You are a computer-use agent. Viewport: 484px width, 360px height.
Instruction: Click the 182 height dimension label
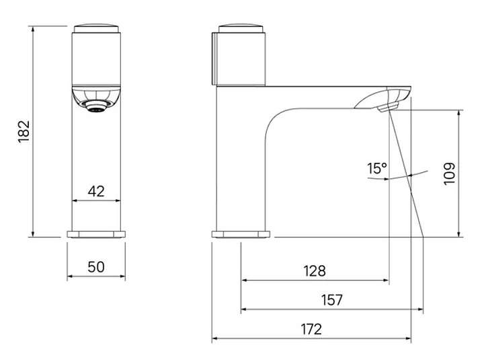(24, 131)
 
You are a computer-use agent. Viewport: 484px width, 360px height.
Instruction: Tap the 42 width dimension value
(96, 191)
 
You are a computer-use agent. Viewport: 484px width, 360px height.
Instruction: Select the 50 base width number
(96, 267)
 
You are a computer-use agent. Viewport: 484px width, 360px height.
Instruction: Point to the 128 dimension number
(315, 271)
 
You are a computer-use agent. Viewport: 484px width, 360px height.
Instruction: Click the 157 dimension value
(332, 300)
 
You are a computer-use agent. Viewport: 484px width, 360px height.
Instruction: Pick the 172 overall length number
(311, 330)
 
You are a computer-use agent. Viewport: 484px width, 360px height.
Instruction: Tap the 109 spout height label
(450, 174)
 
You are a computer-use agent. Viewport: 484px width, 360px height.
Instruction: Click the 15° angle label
(377, 168)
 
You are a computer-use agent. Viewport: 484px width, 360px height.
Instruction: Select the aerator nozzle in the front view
(97, 107)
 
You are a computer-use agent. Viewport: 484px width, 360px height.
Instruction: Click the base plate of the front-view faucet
(96, 234)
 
